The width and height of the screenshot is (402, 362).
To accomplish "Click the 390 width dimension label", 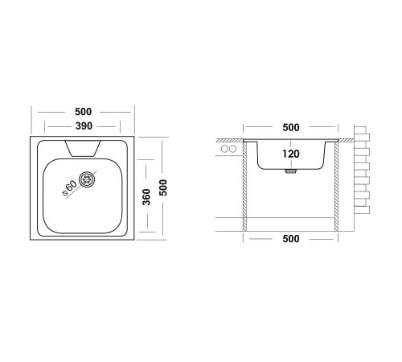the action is click(x=84, y=125).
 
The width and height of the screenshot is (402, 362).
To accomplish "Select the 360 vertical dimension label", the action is click(x=146, y=197).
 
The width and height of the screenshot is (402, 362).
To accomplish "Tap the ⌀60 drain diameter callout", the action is click(x=69, y=187).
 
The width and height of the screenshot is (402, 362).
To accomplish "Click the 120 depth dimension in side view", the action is click(x=291, y=154).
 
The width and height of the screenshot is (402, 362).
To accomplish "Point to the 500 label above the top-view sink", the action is click(x=83, y=112).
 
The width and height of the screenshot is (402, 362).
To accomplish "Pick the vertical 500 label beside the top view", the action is click(x=163, y=187).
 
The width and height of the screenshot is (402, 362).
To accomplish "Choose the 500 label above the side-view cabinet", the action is click(x=291, y=127).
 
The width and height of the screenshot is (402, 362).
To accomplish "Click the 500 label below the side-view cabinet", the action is click(x=291, y=239).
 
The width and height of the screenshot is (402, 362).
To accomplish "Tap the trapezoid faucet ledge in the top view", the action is click(x=83, y=148).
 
